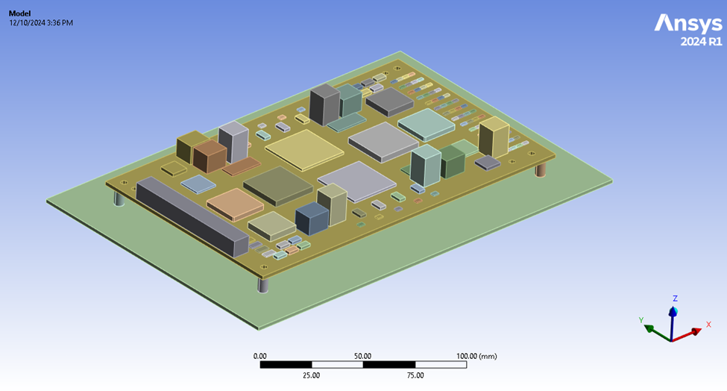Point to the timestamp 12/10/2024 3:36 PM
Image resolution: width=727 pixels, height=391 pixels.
pos(41,22)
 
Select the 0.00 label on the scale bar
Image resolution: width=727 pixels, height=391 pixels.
pos(260,356)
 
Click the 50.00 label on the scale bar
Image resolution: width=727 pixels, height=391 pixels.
pos(363,356)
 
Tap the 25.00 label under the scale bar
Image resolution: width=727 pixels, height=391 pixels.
pos(312,375)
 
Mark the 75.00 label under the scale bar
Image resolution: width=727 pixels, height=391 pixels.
pos(415,375)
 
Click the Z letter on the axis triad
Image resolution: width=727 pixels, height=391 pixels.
pos(675,298)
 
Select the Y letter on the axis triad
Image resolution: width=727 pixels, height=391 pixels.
pos(641,320)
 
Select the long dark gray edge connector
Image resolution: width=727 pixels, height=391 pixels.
pos(191,217)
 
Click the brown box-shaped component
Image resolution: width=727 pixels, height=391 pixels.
pos(210,157)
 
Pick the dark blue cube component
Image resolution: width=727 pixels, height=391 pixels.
pos(312,219)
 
